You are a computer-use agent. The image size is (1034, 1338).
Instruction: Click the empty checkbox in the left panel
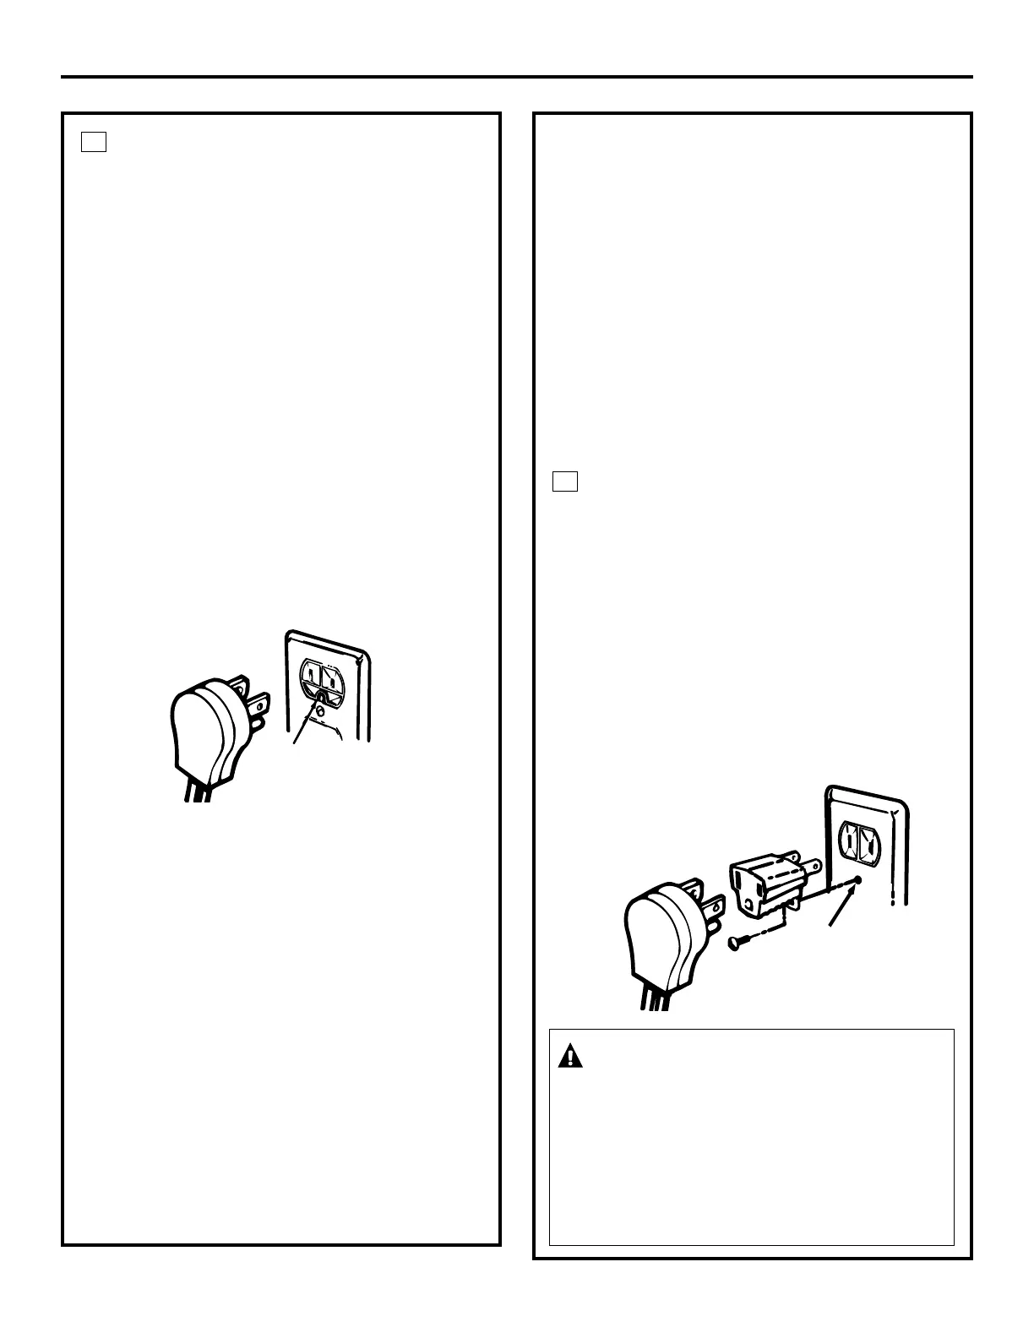point(94,142)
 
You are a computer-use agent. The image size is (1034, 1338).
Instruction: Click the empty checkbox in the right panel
point(565,481)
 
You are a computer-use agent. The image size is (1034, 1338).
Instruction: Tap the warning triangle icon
point(572,1056)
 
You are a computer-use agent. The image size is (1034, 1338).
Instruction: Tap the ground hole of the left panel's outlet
point(321,698)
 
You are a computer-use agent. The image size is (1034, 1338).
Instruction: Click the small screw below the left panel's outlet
point(320,711)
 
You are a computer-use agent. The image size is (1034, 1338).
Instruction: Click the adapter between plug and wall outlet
point(765,884)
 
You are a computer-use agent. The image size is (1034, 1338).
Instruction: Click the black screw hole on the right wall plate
point(858,880)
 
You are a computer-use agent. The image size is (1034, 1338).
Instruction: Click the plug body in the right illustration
point(659,938)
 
